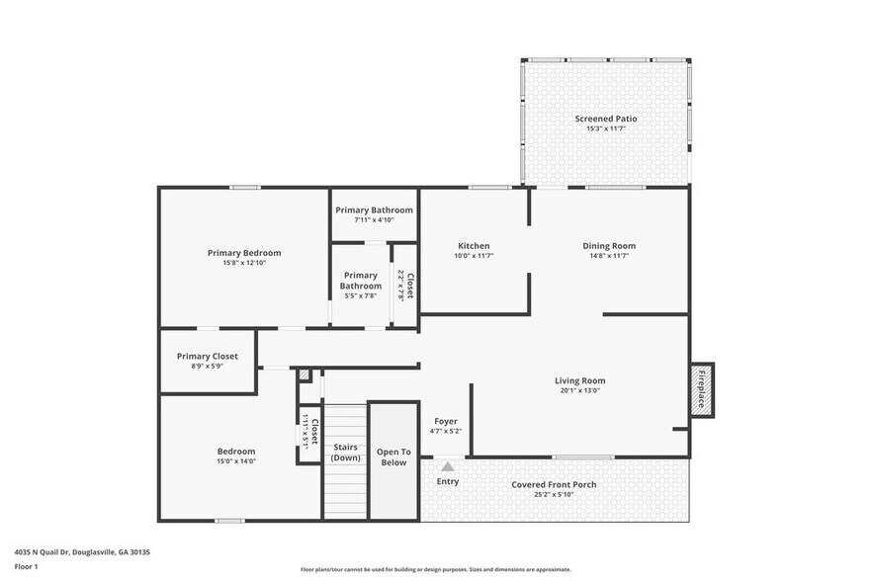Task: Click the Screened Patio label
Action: click(606, 119)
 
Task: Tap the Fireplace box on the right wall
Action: click(702, 389)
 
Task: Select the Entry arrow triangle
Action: click(448, 466)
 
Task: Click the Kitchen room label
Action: click(474, 246)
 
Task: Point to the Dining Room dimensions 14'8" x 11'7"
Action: click(608, 256)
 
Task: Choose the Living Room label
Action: click(579, 380)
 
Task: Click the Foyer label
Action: click(446, 421)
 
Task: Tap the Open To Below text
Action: click(392, 456)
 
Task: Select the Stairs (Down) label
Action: click(345, 453)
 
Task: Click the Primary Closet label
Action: click(208, 357)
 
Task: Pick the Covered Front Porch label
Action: click(554, 485)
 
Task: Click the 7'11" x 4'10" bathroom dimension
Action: click(374, 220)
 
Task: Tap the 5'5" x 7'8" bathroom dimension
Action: click(360, 295)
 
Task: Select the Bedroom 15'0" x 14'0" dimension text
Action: click(236, 461)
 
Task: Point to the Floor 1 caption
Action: click(28, 567)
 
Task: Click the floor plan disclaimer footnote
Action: click(435, 569)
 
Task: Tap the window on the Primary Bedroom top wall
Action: click(244, 188)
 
